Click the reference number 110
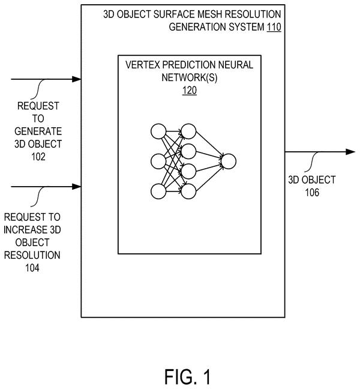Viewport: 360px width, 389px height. pyautogui.click(x=274, y=27)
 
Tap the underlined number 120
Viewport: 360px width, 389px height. pyautogui.click(x=190, y=90)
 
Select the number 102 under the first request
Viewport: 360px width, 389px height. pyautogui.click(x=38, y=157)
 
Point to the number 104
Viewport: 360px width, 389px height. pyautogui.click(x=32, y=268)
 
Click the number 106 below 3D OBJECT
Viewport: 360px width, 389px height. pyautogui.click(x=312, y=193)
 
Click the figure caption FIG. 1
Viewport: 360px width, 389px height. pyautogui.click(x=188, y=376)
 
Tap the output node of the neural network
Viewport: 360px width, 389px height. pyautogui.click(x=229, y=161)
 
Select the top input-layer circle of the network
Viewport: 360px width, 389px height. pyautogui.click(x=158, y=131)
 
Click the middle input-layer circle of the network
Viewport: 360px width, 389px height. pyautogui.click(x=158, y=161)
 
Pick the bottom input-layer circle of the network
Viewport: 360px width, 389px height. pyautogui.click(x=158, y=191)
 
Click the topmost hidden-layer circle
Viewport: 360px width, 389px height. pyautogui.click(x=188, y=131)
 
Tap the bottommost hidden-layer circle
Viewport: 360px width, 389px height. pyautogui.click(x=188, y=191)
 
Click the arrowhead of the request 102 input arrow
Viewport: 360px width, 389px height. pyautogui.click(x=77, y=79)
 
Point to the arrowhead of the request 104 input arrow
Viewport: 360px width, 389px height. pyautogui.click(x=77, y=186)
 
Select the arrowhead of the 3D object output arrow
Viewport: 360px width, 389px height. pyautogui.click(x=350, y=152)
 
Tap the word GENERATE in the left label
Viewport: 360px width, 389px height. pyautogui.click(x=38, y=131)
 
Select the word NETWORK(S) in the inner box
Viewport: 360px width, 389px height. pyautogui.click(x=190, y=77)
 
